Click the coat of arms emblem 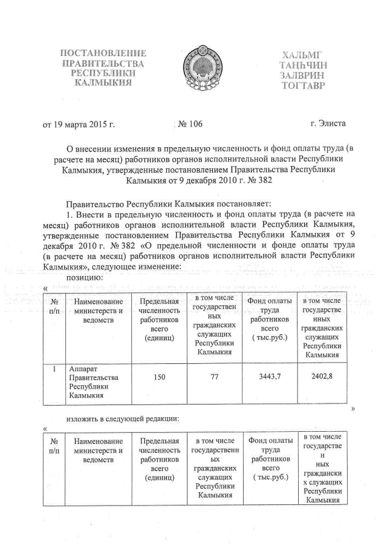(193, 72)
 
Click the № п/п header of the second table (54, 446)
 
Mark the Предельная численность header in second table (160, 459)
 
